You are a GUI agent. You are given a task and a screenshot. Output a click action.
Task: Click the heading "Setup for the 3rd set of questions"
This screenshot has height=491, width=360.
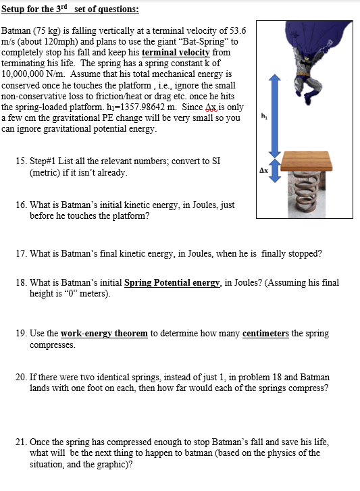(70, 9)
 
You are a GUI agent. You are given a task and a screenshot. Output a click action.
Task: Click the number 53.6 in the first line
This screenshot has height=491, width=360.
(238, 30)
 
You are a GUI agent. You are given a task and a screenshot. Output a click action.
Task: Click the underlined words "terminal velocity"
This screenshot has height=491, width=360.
(176, 52)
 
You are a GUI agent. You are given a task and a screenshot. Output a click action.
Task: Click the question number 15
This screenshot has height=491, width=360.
(21, 161)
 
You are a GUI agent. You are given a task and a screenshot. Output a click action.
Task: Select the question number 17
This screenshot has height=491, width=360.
(21, 253)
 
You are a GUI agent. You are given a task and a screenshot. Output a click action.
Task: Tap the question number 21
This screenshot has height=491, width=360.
(21, 442)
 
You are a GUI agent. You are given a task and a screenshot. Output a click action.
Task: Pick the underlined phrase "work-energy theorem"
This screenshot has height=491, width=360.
(104, 333)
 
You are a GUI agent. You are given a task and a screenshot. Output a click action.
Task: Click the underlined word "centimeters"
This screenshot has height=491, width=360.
(265, 333)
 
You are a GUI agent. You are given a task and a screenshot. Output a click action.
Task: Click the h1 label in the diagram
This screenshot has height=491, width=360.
(264, 116)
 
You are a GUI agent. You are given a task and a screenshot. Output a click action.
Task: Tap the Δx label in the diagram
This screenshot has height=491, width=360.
(263, 170)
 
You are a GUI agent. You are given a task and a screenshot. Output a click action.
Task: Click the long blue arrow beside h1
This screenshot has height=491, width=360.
(274, 116)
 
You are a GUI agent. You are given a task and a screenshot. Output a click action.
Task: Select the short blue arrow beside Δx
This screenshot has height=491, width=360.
(274, 170)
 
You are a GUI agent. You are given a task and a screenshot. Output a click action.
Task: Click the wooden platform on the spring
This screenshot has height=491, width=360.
(306, 161)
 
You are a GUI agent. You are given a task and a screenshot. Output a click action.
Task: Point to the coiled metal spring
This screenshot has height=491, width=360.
(307, 194)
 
